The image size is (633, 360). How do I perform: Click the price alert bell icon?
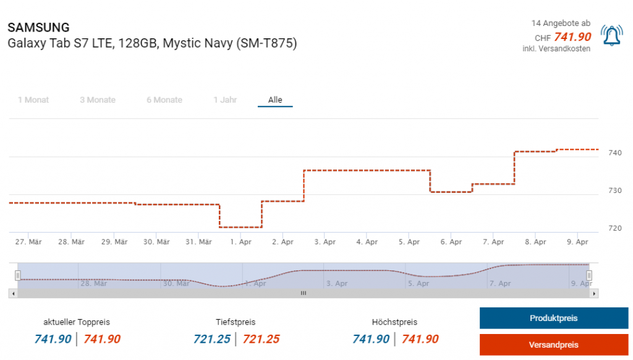(x=612, y=36)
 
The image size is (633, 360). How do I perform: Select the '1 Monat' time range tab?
(x=33, y=100)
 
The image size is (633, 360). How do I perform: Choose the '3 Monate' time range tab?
(x=98, y=100)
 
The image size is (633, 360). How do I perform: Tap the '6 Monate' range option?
(x=164, y=100)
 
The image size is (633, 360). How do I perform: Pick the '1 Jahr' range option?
(x=225, y=100)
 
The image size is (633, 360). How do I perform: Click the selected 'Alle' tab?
(x=275, y=100)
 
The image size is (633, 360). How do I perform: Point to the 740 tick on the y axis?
(x=615, y=153)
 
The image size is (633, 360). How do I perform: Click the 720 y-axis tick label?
(x=615, y=228)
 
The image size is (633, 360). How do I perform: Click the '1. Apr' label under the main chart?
(x=241, y=242)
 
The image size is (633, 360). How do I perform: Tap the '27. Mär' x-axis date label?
(x=28, y=242)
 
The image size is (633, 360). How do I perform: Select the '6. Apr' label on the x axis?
(x=451, y=242)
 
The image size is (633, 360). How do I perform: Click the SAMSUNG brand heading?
(x=38, y=28)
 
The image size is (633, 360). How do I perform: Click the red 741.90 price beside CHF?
(x=572, y=37)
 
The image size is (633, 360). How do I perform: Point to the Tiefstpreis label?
(x=236, y=322)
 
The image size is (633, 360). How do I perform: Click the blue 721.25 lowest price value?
(x=212, y=339)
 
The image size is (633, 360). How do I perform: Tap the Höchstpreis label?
(x=394, y=322)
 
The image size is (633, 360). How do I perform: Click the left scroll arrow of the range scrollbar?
(x=12, y=293)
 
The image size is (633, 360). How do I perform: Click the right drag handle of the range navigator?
(x=589, y=275)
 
